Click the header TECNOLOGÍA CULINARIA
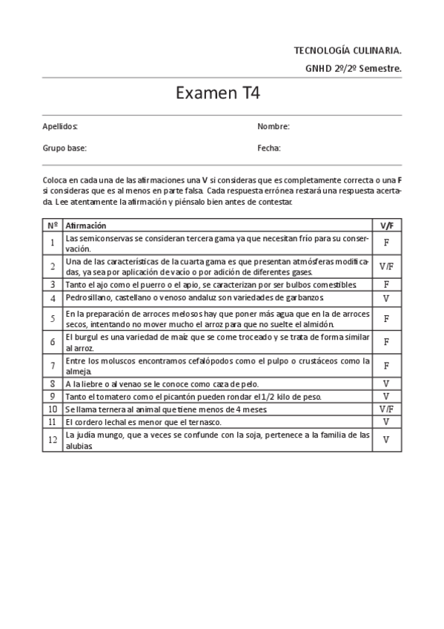tap(348, 50)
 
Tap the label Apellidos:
tap(60, 127)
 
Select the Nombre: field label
tap(273, 127)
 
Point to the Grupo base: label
tap(64, 148)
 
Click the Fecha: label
tap(269, 148)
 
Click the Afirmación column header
tap(86, 225)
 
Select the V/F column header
tap(386, 225)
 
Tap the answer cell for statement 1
tap(386, 243)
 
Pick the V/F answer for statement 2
tap(386, 266)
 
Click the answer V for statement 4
tap(386, 298)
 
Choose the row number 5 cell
tap(53, 318)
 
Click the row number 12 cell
tap(53, 440)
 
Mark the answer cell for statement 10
tap(386, 409)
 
